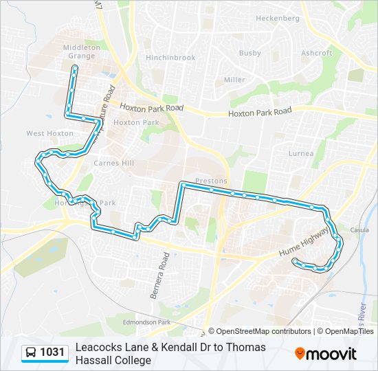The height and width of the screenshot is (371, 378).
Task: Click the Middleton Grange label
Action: click(x=82, y=52)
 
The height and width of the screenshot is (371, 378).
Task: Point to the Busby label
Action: click(x=249, y=53)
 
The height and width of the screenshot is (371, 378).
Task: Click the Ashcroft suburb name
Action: click(x=316, y=53)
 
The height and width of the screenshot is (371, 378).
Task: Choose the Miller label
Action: click(x=234, y=80)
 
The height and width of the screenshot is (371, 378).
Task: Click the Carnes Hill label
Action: click(x=114, y=164)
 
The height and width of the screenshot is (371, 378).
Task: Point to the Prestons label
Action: click(x=211, y=181)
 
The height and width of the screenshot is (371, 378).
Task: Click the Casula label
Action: click(x=359, y=229)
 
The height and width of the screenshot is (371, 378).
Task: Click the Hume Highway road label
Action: click(x=304, y=243)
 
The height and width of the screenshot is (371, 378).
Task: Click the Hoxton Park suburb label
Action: click(x=136, y=122)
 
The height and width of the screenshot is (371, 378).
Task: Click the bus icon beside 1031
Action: click(x=31, y=353)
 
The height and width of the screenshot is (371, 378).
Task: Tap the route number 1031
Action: click(x=52, y=353)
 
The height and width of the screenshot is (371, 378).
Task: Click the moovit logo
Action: click(x=326, y=354)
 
